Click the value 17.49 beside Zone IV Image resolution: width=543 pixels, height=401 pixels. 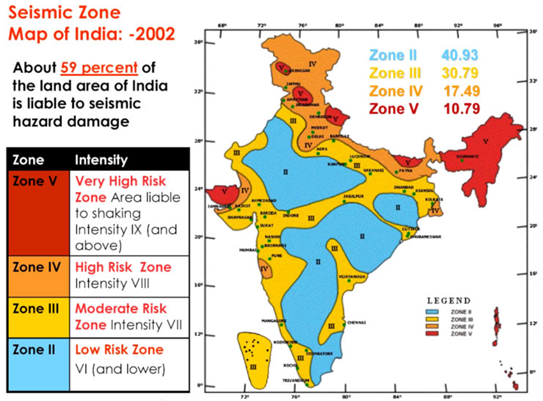click(462, 91)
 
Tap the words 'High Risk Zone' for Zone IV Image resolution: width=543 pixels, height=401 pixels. click(124, 267)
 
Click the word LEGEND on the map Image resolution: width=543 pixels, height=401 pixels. click(448, 301)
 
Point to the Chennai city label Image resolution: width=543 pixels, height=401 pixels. click(356, 322)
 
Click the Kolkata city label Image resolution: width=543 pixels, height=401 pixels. click(433, 199)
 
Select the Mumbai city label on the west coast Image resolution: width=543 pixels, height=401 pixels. click(247, 250)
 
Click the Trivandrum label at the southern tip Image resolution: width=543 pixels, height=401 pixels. click(297, 380)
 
